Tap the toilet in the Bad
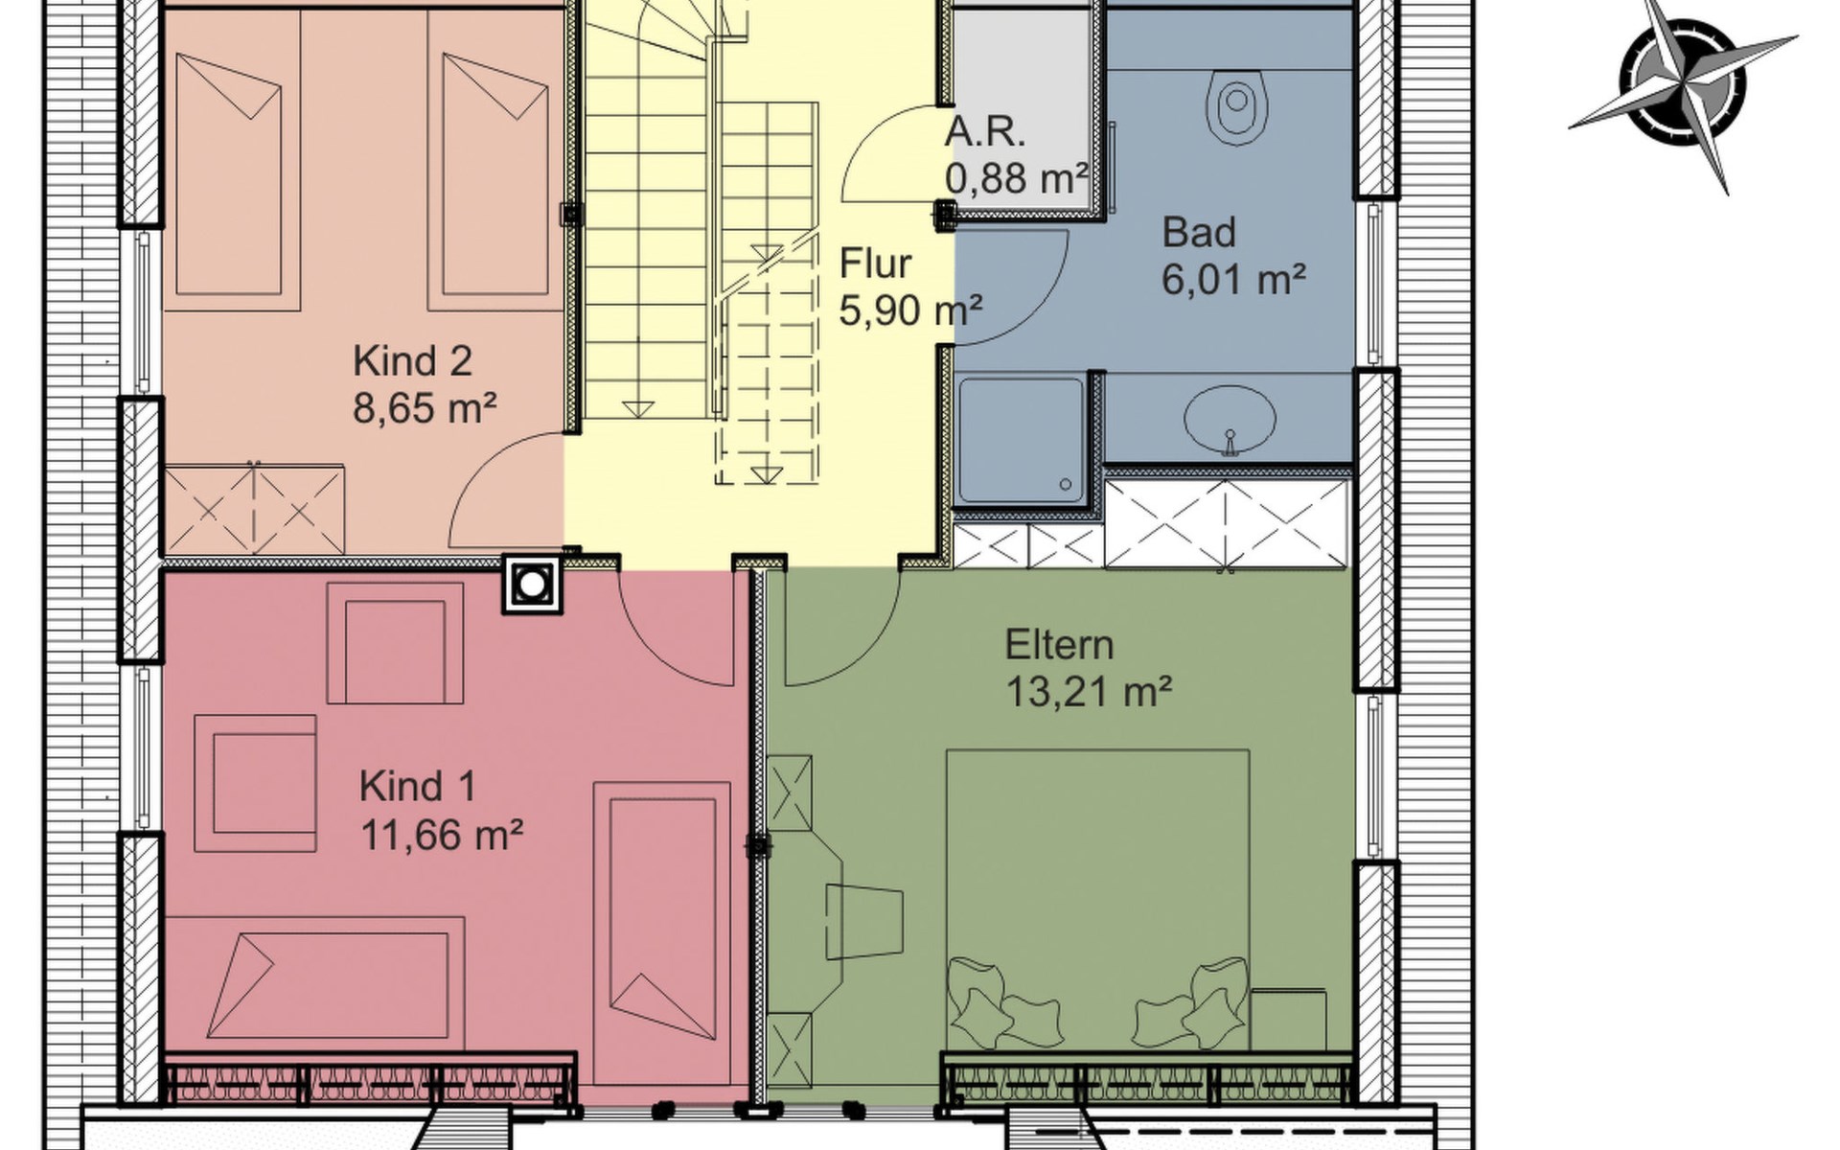click(1240, 106)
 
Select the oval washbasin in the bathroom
click(1230, 419)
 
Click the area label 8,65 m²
click(425, 409)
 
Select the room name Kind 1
click(417, 787)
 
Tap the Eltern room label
click(1059, 645)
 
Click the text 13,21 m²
click(1089, 691)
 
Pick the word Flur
click(875, 263)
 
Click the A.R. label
click(984, 132)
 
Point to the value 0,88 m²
click(1016, 178)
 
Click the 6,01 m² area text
click(1233, 279)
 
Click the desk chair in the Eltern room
click(863, 918)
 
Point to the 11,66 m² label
click(441, 834)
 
